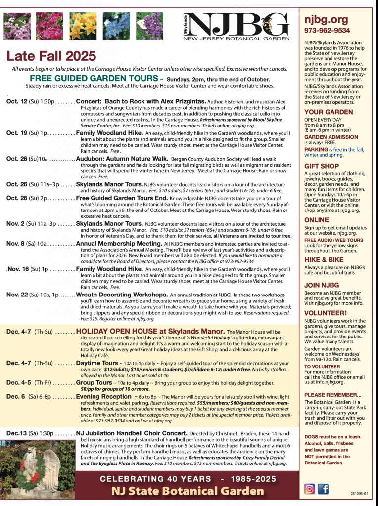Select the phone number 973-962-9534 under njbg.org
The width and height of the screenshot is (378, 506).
coord(327,31)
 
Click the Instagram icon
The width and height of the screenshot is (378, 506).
coord(310,489)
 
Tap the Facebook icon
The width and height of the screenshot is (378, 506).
coord(323,489)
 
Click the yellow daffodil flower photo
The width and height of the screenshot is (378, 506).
coord(83,26)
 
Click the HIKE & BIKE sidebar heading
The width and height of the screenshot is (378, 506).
coord(324,259)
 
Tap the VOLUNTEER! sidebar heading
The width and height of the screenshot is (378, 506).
coord(325,313)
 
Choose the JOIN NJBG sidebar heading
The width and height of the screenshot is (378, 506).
coord(321,285)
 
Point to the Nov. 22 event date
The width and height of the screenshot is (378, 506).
coord(17,295)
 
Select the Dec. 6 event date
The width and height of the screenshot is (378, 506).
coord(16,396)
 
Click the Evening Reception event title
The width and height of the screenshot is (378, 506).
coord(103,396)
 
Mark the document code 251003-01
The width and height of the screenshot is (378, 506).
coord(360,493)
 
